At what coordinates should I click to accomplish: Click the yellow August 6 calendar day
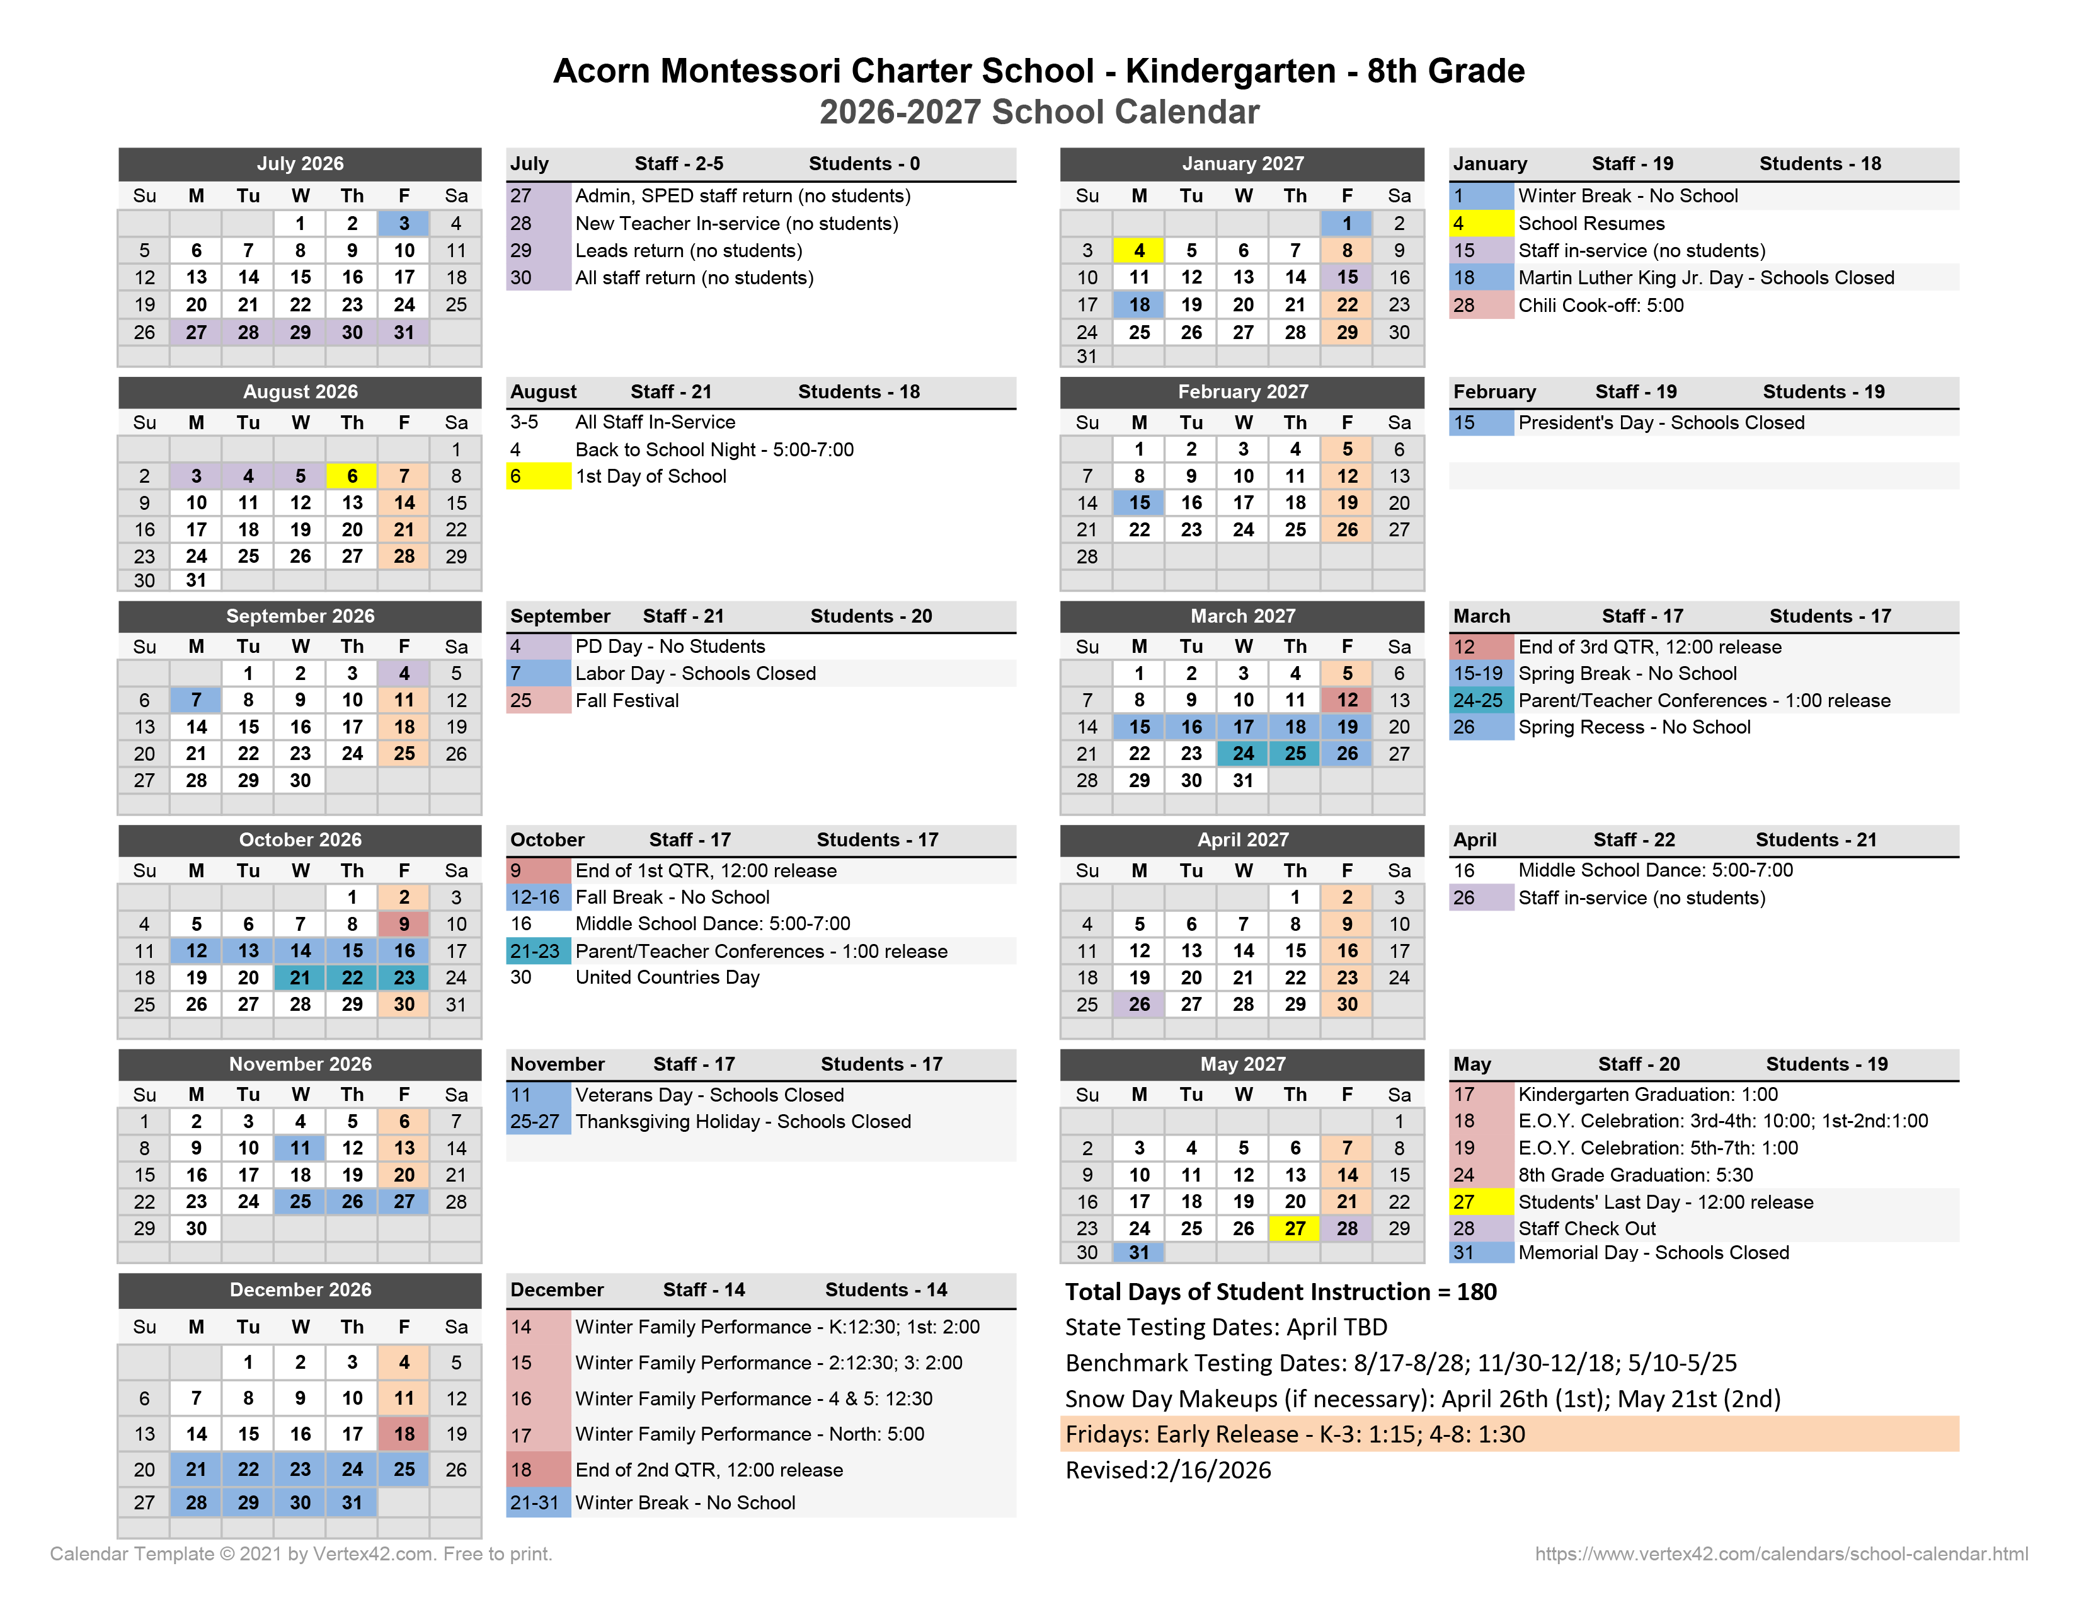[352, 476]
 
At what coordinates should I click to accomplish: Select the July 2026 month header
[300, 164]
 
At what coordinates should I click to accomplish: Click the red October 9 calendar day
[404, 923]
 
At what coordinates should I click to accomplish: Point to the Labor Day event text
[695, 673]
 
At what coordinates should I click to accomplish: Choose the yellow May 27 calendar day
[1295, 1228]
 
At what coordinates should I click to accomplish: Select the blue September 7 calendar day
[196, 700]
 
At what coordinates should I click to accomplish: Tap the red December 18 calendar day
[404, 1434]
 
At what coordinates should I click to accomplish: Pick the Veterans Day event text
[709, 1095]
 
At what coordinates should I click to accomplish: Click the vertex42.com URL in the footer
[1780, 1553]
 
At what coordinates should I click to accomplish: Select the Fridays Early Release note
[1295, 1434]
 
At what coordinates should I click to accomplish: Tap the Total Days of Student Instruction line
[1280, 1292]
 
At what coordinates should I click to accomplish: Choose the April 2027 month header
[1242, 839]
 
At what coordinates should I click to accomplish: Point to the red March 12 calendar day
[1346, 700]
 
